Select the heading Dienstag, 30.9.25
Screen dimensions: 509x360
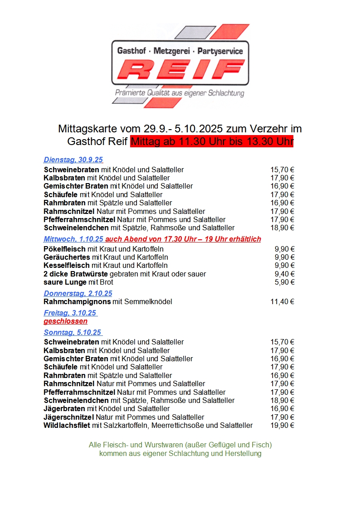tap(73, 160)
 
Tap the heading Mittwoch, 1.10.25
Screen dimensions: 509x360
tap(73, 239)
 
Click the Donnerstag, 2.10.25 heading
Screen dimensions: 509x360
tap(78, 293)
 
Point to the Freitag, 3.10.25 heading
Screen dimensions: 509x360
tap(70, 313)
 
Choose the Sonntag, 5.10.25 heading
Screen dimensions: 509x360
tap(72, 332)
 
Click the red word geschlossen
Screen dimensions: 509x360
tap(65, 321)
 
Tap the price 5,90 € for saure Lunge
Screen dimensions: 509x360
tap(284, 282)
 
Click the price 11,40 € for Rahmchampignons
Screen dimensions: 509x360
tap(282, 301)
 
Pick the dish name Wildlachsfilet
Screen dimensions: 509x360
tap(67, 425)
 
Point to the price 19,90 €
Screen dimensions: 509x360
tap(282, 425)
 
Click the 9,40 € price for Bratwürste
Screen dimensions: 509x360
tap(284, 274)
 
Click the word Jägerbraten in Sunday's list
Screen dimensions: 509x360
tap(65, 408)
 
